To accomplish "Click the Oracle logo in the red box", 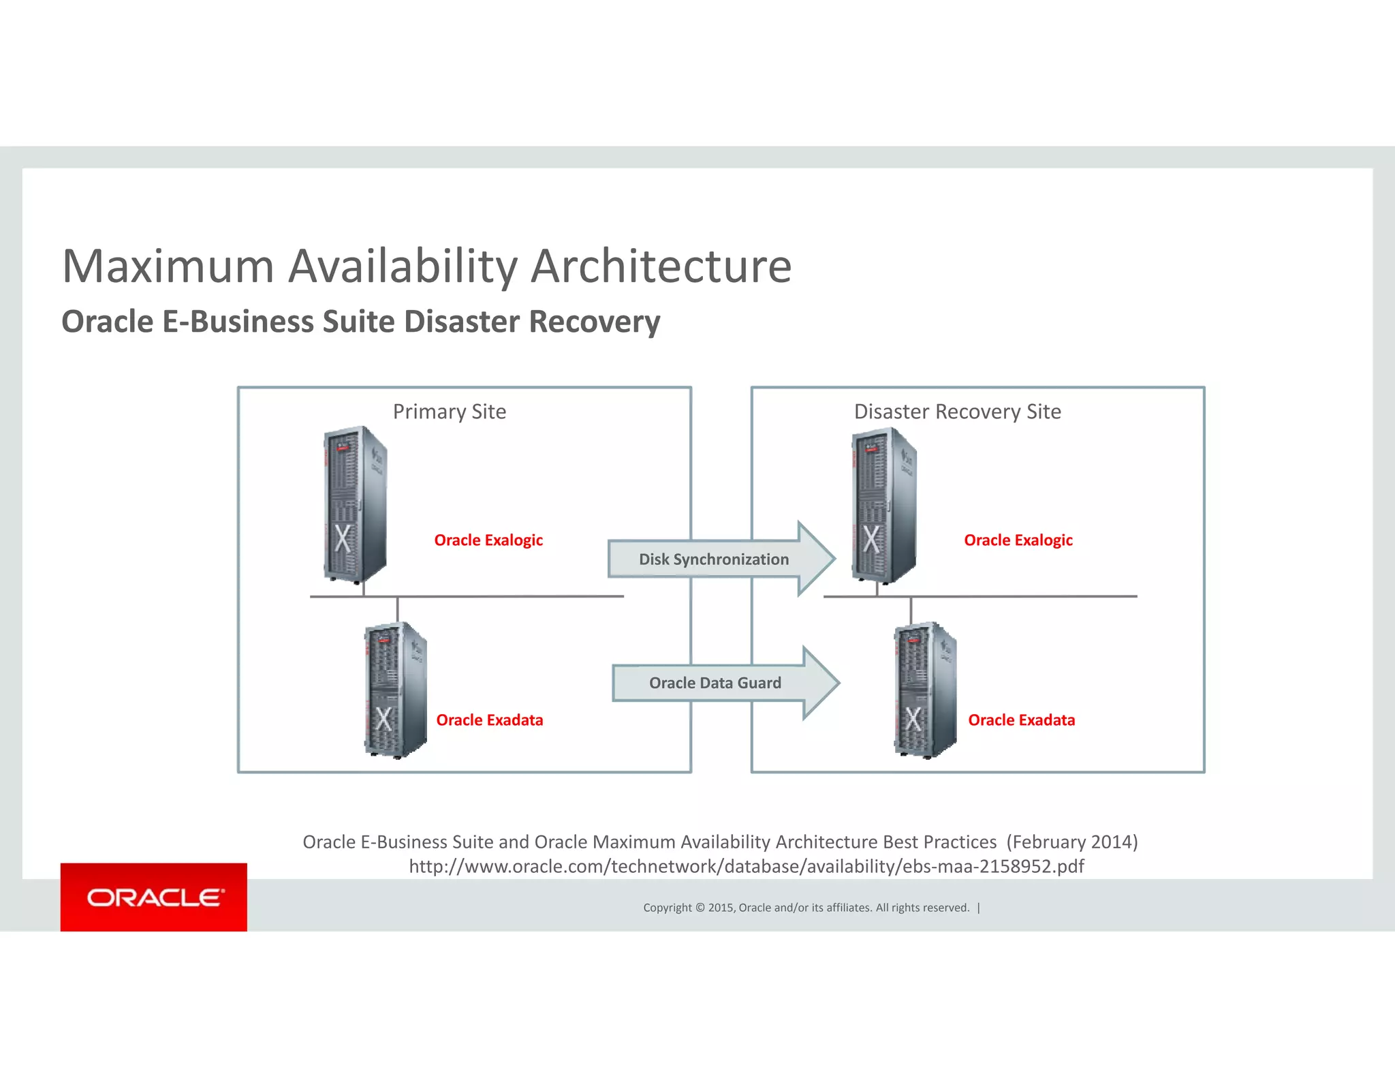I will coord(154,897).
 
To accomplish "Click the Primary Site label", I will coord(450,412).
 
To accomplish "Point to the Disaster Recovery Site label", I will coord(957,412).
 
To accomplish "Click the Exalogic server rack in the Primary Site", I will coord(354,504).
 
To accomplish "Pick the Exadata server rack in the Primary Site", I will coord(395,690).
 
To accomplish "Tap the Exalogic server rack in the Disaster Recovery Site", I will coord(883,505).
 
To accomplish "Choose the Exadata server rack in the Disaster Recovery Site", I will coord(924,690).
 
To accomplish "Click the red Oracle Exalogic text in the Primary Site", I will coord(488,540).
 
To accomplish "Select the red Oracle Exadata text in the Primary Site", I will coord(490,720).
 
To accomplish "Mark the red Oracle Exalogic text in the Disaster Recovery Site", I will coord(1018,540).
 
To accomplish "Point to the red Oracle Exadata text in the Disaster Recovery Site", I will coord(1021,720).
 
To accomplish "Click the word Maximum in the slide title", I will coord(168,266).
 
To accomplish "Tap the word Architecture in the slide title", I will coord(661,266).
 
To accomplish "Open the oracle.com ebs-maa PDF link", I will coord(746,866).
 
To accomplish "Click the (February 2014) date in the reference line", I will coord(1072,842).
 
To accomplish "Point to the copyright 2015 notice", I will coord(806,908).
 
